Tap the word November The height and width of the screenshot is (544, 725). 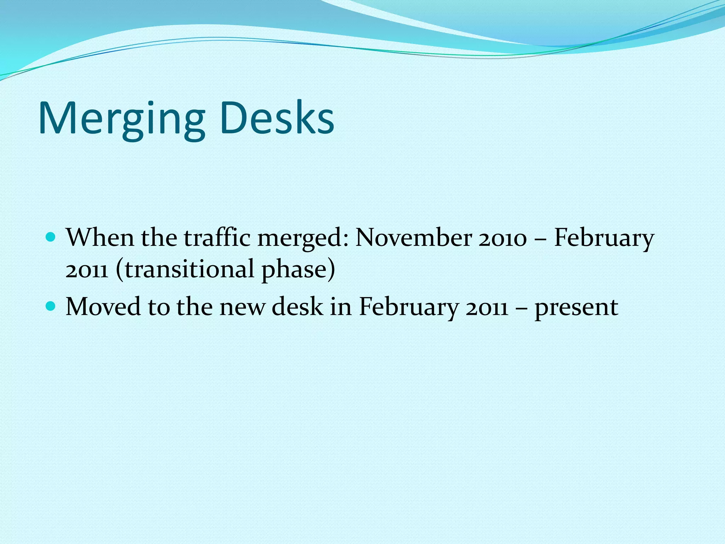(x=413, y=237)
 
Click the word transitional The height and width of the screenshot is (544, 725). (x=189, y=269)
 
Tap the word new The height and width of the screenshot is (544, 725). (x=242, y=307)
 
